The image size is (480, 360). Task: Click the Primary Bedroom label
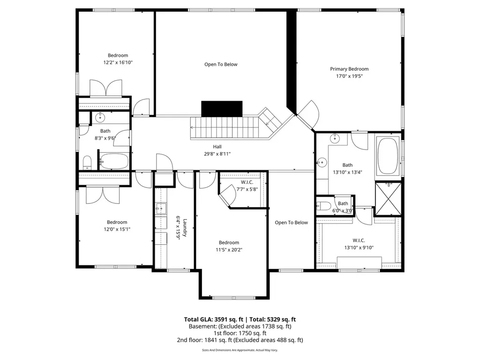(x=349, y=69)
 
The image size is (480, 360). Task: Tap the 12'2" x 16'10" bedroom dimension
(x=118, y=62)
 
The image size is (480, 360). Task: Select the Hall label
(x=217, y=147)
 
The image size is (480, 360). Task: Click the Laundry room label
(x=185, y=228)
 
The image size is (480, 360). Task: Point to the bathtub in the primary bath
(x=388, y=156)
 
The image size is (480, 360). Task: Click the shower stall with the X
(x=388, y=199)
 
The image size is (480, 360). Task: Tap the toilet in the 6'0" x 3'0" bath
(x=323, y=206)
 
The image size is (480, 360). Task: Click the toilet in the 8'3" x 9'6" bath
(x=87, y=163)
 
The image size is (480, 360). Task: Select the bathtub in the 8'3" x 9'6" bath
(x=114, y=161)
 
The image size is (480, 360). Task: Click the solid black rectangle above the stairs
(x=222, y=109)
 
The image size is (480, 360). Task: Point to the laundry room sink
(x=160, y=209)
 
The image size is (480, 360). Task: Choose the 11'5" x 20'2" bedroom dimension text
(x=229, y=250)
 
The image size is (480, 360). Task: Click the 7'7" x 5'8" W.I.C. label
(x=247, y=182)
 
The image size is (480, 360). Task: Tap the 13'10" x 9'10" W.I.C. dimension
(x=359, y=247)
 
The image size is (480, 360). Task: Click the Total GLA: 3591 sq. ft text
(x=214, y=319)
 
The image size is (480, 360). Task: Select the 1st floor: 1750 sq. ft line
(x=240, y=333)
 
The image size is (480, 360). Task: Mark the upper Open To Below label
(x=221, y=64)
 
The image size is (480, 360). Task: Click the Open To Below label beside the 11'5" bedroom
(x=291, y=223)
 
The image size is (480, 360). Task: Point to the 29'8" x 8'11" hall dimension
(x=217, y=154)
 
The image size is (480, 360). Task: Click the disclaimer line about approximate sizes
(x=240, y=350)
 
